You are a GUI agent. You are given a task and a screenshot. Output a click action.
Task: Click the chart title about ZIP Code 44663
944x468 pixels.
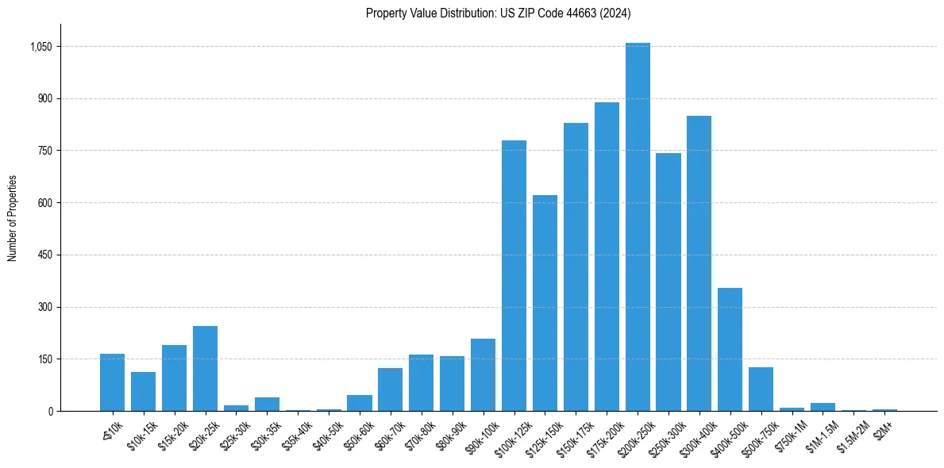498,13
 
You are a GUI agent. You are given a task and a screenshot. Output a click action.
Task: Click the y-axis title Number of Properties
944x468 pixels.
13,218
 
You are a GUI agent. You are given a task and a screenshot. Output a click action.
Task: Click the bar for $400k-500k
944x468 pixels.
730,349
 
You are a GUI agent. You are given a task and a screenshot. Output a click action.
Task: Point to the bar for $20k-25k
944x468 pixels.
205,368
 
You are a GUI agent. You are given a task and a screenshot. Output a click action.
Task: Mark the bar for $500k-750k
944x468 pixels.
761,389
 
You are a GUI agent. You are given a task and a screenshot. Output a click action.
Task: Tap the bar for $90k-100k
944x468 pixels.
483,374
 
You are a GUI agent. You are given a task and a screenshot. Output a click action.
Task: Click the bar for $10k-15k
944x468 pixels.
143,391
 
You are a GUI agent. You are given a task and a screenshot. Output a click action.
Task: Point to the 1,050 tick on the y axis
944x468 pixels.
40,47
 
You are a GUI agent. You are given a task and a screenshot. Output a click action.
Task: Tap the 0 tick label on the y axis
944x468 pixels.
49,411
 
